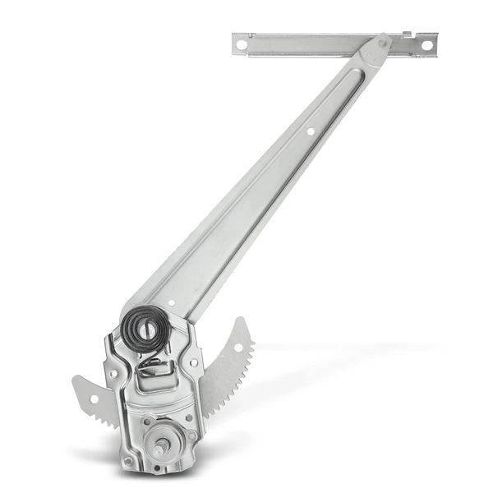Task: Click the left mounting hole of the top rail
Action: [x=241, y=46]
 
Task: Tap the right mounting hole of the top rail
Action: [x=426, y=44]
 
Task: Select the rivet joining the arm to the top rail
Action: [x=382, y=44]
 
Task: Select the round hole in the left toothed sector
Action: [x=93, y=399]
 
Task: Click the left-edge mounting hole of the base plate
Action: [x=113, y=373]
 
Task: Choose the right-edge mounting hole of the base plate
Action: [x=193, y=362]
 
